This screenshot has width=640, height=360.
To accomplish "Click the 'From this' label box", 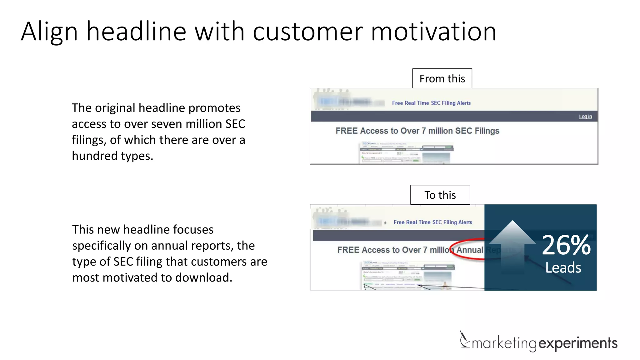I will point(442,78).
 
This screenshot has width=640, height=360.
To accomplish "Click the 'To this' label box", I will point(440,195).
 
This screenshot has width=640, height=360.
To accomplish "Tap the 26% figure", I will point(566,245).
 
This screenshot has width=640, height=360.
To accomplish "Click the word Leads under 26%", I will point(563,268).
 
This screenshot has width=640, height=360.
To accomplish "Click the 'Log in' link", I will point(585,117).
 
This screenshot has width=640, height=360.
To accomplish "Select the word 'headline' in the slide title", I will point(136,32).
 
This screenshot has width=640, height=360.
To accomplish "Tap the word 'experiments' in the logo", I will point(578,343).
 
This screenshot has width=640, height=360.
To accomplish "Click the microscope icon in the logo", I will point(464,340).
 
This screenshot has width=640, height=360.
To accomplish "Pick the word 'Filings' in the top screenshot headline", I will point(487,131).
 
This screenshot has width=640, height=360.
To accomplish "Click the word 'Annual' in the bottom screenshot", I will point(470,250).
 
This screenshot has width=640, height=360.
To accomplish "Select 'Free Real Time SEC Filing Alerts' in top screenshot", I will point(431,103).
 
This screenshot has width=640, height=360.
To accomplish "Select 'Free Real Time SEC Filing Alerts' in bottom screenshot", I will point(433,222).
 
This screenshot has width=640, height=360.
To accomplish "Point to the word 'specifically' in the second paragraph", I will point(101,246).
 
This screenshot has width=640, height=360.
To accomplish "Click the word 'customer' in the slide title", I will point(307,32).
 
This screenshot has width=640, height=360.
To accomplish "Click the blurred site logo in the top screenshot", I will point(344,102).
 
